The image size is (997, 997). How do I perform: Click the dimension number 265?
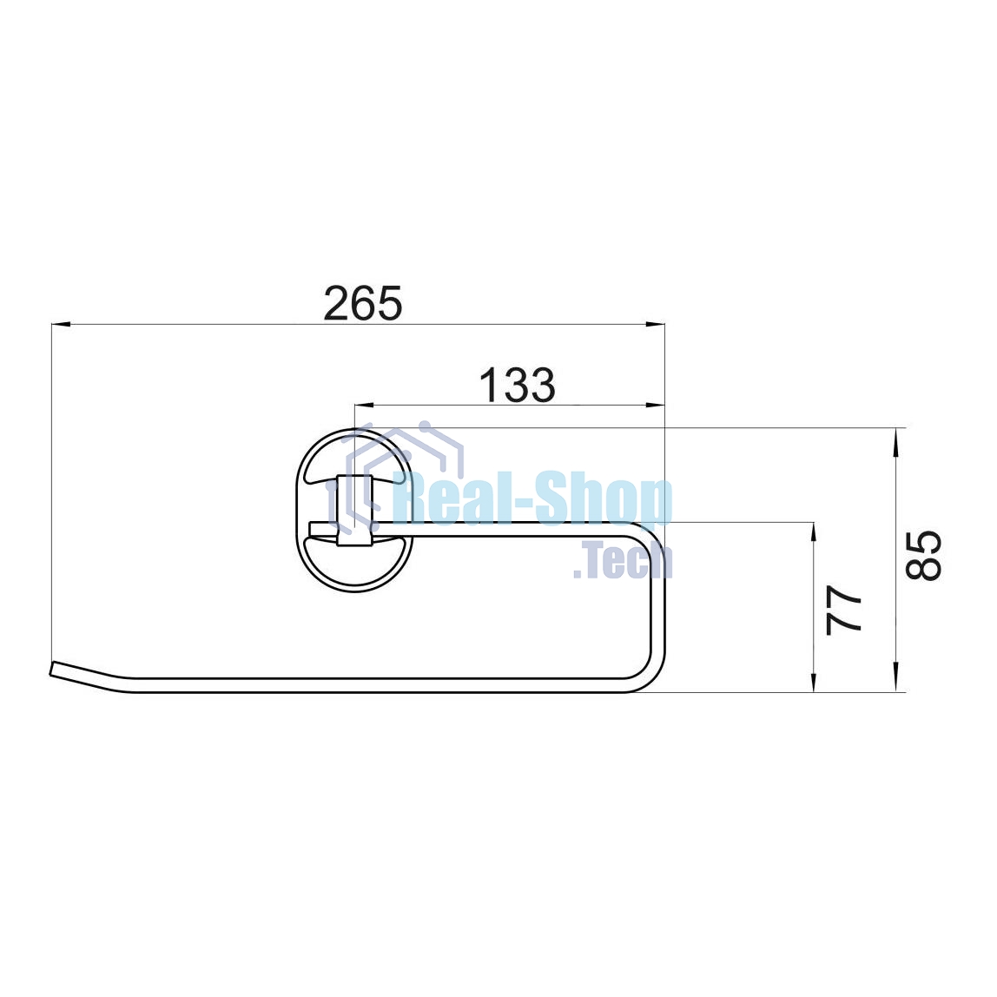coord(363,303)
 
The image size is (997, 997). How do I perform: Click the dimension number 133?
coord(517,386)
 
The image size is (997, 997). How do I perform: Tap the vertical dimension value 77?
coord(844,610)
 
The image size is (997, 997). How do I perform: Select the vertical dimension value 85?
coord(923,554)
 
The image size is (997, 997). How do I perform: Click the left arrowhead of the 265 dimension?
coord(61,324)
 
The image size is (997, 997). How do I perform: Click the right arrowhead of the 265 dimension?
coord(656,324)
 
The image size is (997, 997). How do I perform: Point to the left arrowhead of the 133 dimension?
coord(364,405)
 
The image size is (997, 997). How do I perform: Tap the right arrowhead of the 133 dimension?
coord(656,405)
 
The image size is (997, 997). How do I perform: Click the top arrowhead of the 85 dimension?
coord(896,438)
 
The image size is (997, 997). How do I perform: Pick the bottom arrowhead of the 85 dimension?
coord(896,682)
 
